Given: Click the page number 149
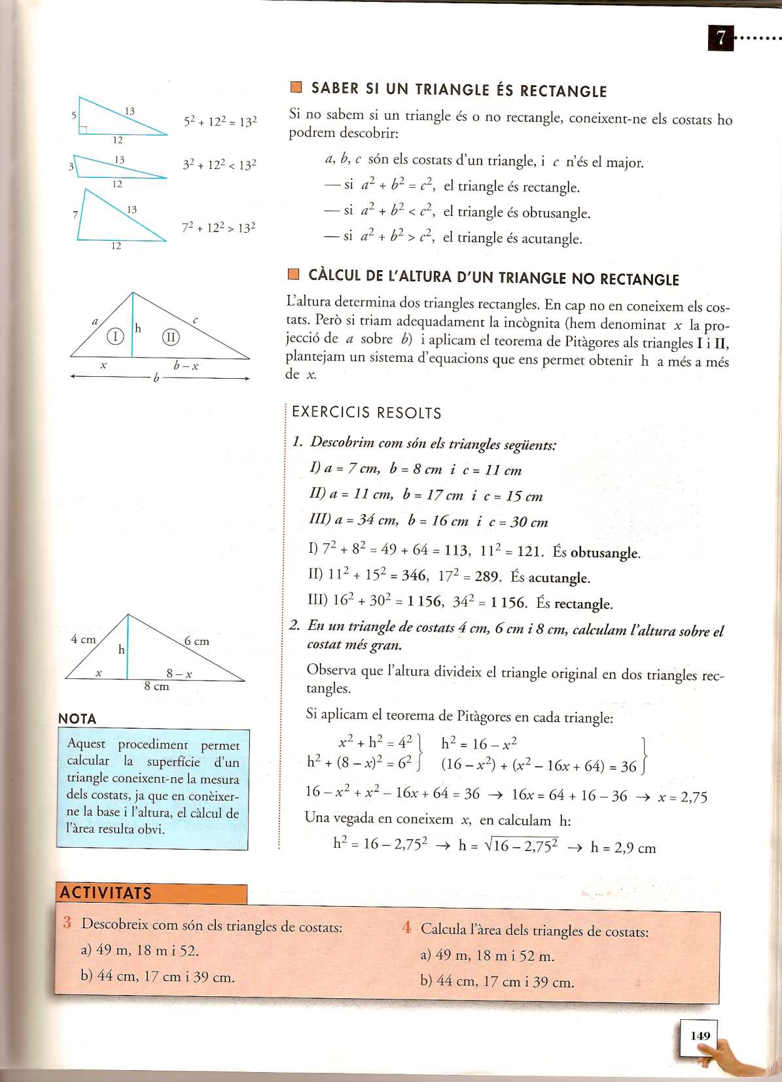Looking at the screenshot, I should pos(700,1036).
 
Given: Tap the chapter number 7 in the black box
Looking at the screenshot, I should pos(720,38).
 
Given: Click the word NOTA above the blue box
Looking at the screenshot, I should pos(77,718).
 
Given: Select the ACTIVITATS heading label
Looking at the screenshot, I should pos(106,893).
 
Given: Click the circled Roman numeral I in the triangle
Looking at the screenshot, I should pos(115,336).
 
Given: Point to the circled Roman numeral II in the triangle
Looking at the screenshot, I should pos(171,337).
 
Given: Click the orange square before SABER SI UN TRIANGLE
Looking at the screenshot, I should pos(296,88).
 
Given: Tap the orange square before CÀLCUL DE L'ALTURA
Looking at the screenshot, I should pos(294,274).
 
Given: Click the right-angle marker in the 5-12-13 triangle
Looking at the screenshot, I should pos(83,130).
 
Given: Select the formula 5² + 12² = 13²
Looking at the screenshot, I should pos(220,122).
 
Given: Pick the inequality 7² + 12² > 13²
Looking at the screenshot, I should pos(219,228).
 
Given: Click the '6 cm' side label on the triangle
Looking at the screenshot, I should pos(196,641).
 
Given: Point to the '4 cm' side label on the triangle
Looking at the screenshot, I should pos(83,639).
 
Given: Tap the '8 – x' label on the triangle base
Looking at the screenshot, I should pos(179,673).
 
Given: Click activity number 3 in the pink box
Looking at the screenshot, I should pos(67,923).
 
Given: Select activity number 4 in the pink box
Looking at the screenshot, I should pos(406,927).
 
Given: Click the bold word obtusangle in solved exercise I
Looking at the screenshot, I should pos(605,553).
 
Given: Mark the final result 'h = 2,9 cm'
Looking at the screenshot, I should pos(622,848).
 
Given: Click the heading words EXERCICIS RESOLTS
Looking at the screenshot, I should pos(366,413).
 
